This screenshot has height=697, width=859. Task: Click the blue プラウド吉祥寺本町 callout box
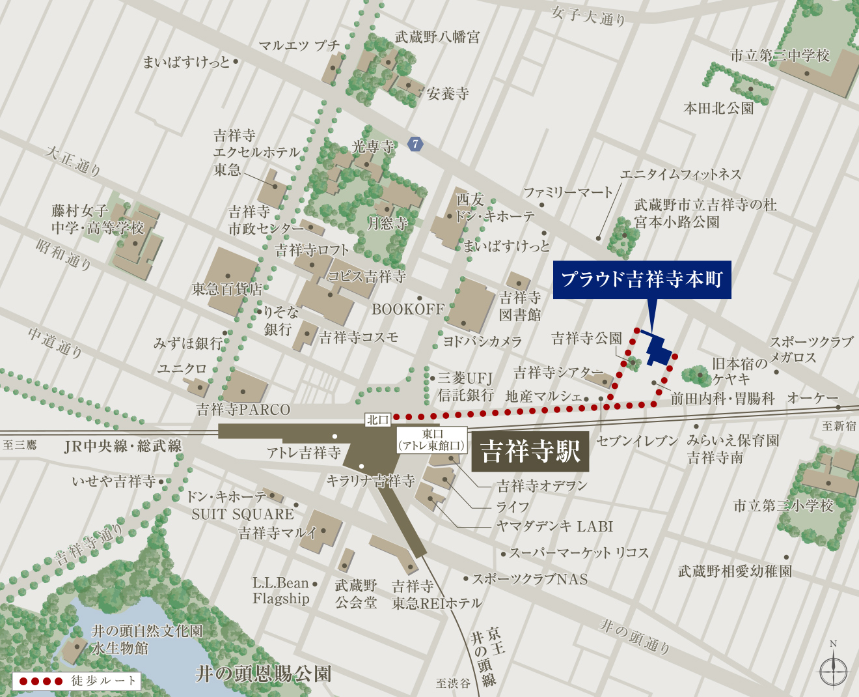click(x=642, y=279)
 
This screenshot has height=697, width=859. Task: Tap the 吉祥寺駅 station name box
click(x=530, y=451)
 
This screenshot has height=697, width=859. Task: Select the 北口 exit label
click(x=377, y=420)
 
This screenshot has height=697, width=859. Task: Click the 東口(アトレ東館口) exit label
click(x=432, y=440)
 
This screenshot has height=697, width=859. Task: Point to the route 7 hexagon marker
click(x=415, y=144)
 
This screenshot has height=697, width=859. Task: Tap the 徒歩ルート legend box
click(x=77, y=681)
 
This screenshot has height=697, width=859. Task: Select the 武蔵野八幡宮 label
click(x=437, y=37)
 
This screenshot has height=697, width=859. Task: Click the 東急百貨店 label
click(x=226, y=289)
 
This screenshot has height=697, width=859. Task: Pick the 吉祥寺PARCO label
click(x=243, y=410)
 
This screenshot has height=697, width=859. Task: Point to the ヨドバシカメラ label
click(x=482, y=341)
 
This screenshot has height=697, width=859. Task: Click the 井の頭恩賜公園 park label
click(x=264, y=674)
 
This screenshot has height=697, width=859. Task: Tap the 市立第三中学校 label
click(x=780, y=55)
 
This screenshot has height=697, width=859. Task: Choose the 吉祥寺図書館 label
click(x=520, y=306)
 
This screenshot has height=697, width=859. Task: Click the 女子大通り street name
click(x=588, y=15)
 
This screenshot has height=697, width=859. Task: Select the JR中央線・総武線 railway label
click(x=123, y=446)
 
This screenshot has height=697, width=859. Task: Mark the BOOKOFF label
click(x=408, y=309)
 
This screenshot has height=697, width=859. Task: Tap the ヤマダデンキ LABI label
click(x=554, y=526)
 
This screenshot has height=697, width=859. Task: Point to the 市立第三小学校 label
click(x=783, y=505)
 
